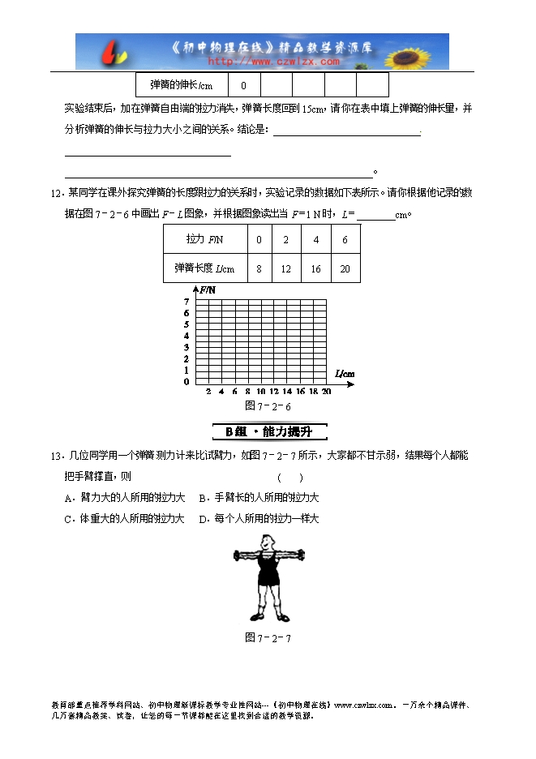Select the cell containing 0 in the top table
pyautogui.click(x=244, y=85)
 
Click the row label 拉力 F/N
pyautogui.click(x=204, y=240)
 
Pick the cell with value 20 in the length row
pyautogui.click(x=345, y=268)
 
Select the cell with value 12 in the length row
pyautogui.click(x=287, y=268)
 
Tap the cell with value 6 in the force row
pyautogui.click(x=345, y=240)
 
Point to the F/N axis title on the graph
pyautogui.click(x=206, y=289)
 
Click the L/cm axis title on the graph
pyautogui.click(x=345, y=373)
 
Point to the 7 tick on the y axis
pyautogui.click(x=186, y=302)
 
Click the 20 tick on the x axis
pyautogui.click(x=326, y=392)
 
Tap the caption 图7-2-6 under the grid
pyautogui.click(x=268, y=405)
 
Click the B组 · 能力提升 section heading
pyautogui.click(x=268, y=431)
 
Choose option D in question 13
pyautogui.click(x=259, y=518)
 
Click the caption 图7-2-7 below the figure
pyautogui.click(x=268, y=637)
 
